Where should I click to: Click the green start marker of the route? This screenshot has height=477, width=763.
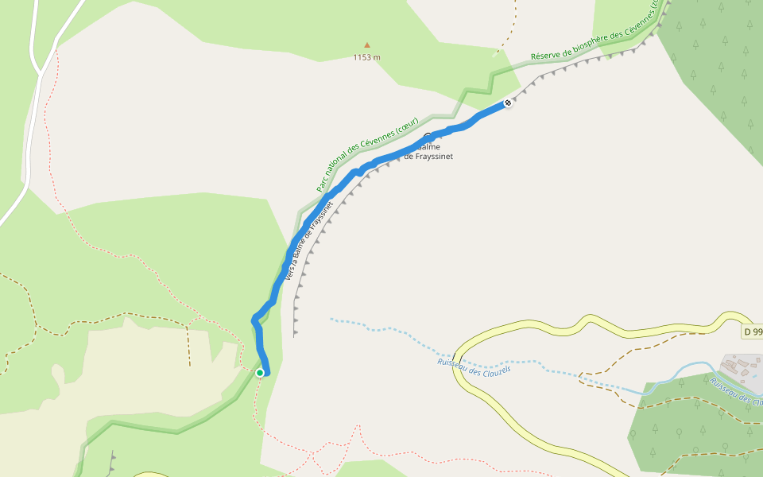point(260,372)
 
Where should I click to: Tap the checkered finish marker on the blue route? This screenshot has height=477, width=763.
point(508,103)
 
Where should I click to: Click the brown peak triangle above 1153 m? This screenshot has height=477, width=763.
point(366,45)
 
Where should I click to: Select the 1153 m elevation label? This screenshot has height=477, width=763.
point(366,57)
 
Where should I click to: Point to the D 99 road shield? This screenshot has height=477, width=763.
point(753,331)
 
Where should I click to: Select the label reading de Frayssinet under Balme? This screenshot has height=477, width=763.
point(428,157)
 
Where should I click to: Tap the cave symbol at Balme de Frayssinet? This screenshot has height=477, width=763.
point(428,136)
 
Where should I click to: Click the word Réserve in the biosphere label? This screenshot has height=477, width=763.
point(546,55)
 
